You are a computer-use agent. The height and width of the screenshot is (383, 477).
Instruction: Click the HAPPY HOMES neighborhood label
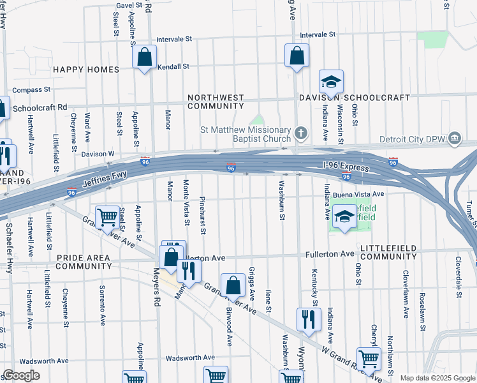tap(82, 69)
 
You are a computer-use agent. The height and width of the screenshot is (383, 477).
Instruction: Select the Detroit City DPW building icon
tap(454, 138)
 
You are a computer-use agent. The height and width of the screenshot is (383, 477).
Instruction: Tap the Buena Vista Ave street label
tap(360, 194)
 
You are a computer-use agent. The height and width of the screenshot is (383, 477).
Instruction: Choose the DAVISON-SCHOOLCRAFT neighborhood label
tap(355, 97)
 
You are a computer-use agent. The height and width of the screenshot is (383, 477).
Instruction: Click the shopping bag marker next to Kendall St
tap(145, 57)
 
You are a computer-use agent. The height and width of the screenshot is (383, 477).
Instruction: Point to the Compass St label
tap(31, 91)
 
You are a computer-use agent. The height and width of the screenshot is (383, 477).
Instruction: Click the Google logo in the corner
tap(20, 375)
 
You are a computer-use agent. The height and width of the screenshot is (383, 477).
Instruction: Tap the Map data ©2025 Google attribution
tap(437, 378)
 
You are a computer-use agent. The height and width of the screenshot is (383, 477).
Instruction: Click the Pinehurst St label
tap(202, 209)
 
